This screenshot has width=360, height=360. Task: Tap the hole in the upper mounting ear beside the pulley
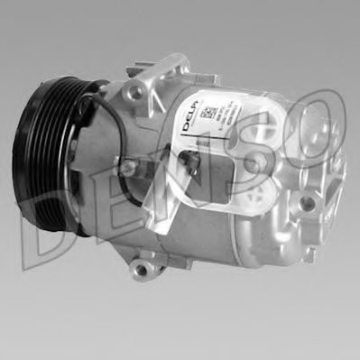[x=136, y=92]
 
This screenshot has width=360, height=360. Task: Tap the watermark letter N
[x=194, y=194]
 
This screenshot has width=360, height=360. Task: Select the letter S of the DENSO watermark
[x=262, y=171]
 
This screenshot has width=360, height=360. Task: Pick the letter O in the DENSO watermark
[x=316, y=135]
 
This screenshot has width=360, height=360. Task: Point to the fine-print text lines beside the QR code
[x=235, y=113]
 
